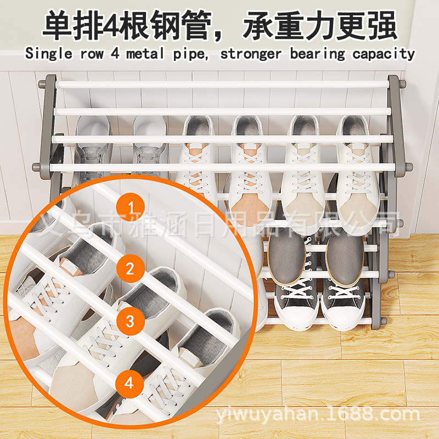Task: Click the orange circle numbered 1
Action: click(131, 207)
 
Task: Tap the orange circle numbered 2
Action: click(130, 269)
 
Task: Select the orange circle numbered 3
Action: click(130, 321)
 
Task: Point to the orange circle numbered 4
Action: click(130, 382)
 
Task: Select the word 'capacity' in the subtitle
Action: click(384, 54)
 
